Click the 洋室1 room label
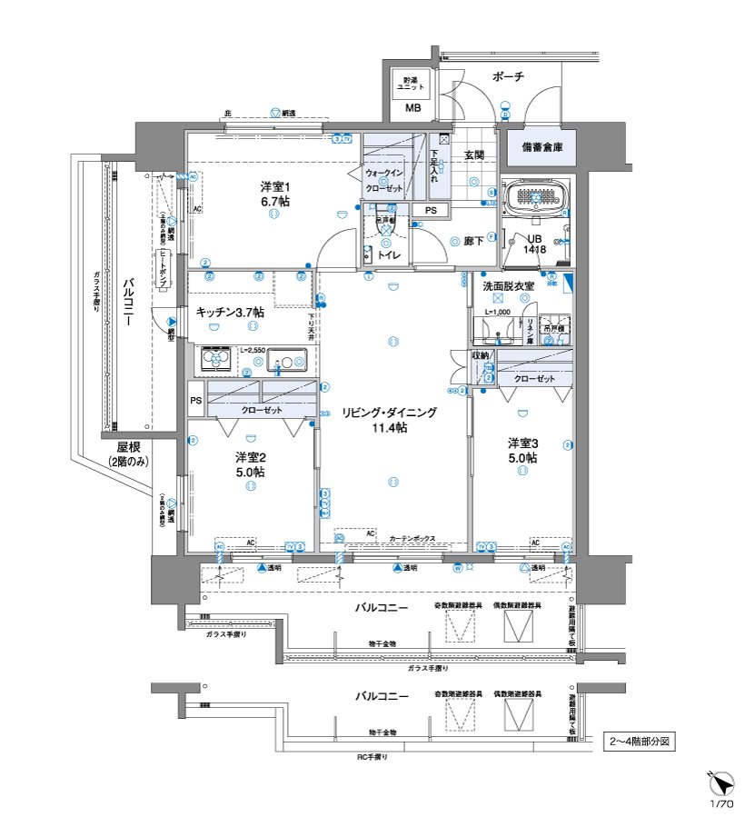tap(273, 194)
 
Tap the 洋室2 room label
tap(249, 464)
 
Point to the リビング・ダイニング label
tap(389, 419)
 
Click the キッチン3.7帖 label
tap(230, 312)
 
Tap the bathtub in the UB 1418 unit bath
tap(536, 196)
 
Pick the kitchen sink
tap(287, 362)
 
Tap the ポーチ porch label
tap(508, 77)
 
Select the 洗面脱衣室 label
tap(509, 285)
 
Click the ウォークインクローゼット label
tap(384, 180)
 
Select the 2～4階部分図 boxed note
tap(641, 741)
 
